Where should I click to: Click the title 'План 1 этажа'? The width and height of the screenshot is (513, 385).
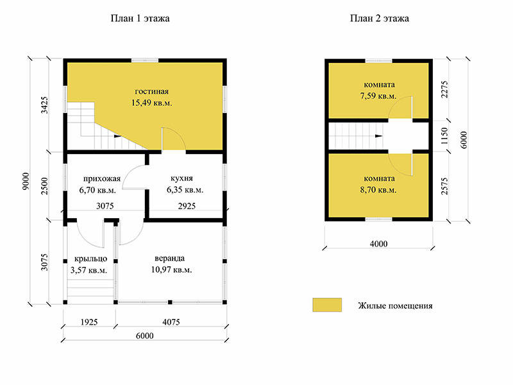click(x=140, y=19)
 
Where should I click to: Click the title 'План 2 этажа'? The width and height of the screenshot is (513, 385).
click(x=380, y=19)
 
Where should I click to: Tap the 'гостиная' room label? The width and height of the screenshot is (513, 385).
click(x=151, y=92)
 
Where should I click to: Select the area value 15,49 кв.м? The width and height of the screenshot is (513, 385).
click(x=151, y=103)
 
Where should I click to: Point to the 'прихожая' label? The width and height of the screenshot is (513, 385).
click(x=102, y=179)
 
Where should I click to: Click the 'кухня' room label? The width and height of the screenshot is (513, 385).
click(x=181, y=178)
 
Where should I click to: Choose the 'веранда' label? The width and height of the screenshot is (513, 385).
click(x=169, y=259)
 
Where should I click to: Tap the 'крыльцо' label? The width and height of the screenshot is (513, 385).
click(x=90, y=259)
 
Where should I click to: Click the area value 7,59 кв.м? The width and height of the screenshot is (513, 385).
click(x=378, y=96)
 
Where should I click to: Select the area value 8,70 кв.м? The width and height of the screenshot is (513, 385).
click(x=378, y=190)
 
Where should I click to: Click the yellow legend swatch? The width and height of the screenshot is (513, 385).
click(x=327, y=305)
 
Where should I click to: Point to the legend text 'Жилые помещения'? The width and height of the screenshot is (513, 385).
click(x=395, y=306)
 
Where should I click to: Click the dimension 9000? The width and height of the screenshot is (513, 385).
click(x=26, y=181)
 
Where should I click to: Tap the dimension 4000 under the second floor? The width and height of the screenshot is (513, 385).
click(x=378, y=244)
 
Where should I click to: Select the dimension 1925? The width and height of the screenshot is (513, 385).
click(x=89, y=322)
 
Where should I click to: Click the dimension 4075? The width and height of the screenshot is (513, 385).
click(x=171, y=322)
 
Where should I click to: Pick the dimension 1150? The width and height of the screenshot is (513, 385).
click(x=444, y=136)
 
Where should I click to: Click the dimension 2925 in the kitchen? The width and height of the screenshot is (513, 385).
click(x=187, y=206)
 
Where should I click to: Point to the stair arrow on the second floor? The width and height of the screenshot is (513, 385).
click(x=379, y=136)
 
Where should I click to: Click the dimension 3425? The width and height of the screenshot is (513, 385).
click(x=44, y=105)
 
